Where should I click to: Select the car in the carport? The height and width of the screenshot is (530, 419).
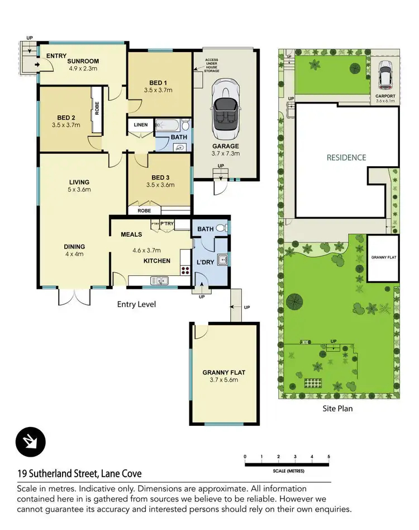pyautogui.click(x=385, y=74)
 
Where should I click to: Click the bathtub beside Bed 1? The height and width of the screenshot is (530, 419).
pyautogui.click(x=170, y=125)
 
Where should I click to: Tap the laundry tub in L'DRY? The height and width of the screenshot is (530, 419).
pyautogui.click(x=222, y=259)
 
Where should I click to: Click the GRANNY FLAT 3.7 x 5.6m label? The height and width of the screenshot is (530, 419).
pyautogui.click(x=223, y=376)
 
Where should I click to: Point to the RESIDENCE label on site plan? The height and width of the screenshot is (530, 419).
pyautogui.click(x=346, y=158)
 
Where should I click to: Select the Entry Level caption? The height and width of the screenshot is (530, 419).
pyautogui.click(x=136, y=304)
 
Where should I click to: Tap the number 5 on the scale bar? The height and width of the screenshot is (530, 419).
pyautogui.click(x=329, y=457)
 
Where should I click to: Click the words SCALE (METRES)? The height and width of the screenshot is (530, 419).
pyautogui.click(x=289, y=471)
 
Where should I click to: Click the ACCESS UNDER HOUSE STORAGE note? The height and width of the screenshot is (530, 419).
pyautogui.click(x=212, y=65)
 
